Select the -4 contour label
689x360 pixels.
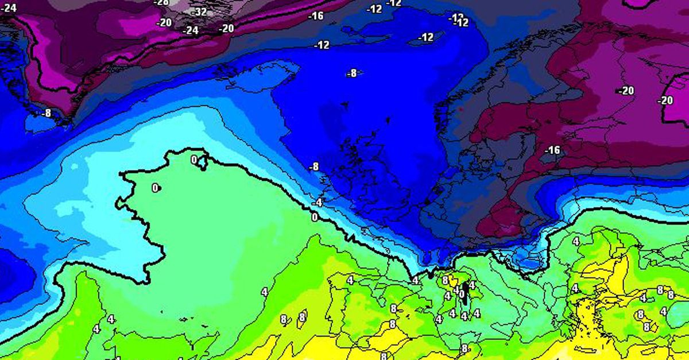click(318, 203)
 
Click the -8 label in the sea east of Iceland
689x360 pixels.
click(352, 73)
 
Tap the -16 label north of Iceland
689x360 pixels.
click(316, 16)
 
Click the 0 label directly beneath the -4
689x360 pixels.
click(314, 216)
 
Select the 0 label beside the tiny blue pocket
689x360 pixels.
click(194, 160)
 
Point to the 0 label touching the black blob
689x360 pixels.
click(460, 293)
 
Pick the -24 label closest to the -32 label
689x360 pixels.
click(190, 30)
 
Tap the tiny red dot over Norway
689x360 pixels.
click(460, 107)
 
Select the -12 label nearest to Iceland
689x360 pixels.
click(322, 45)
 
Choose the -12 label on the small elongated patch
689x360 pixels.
click(425, 37)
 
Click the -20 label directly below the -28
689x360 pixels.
click(165, 22)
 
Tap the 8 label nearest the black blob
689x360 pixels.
click(446, 280)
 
